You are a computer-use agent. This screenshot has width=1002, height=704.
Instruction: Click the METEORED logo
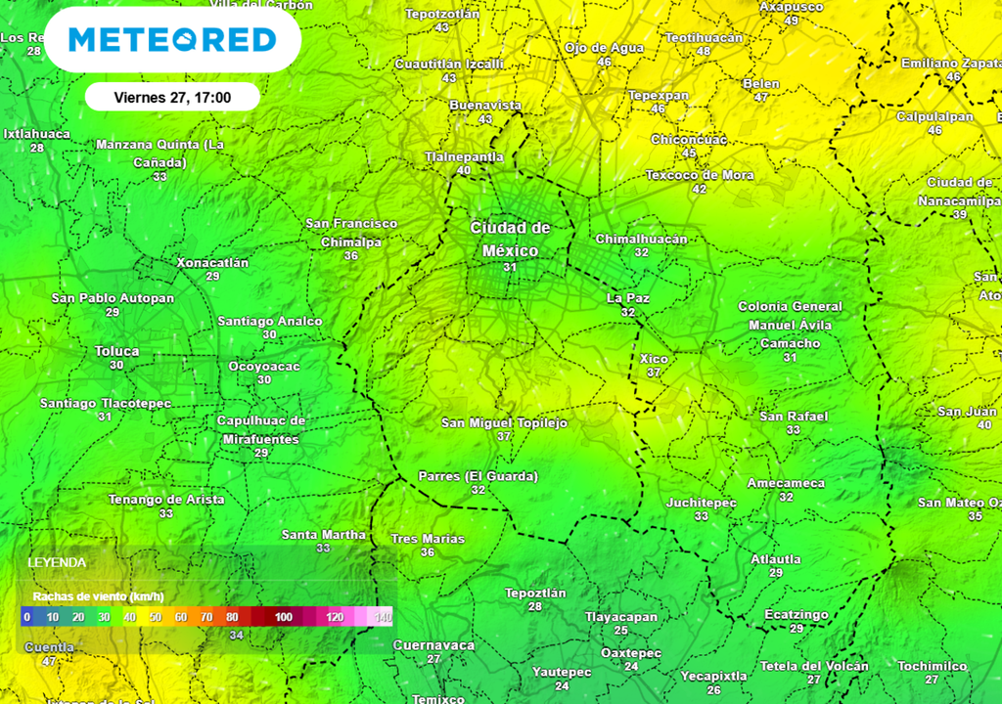point(172,40)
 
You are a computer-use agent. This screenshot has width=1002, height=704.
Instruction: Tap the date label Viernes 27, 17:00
point(172,97)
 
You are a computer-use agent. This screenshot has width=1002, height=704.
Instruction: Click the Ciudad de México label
point(510,239)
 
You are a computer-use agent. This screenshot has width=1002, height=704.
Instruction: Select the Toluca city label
point(117,351)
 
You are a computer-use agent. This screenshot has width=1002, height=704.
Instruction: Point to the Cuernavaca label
point(433,645)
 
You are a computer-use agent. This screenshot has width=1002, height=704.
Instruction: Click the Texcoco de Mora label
point(700,176)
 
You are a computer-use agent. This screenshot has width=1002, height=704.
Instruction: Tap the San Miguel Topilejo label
point(504,423)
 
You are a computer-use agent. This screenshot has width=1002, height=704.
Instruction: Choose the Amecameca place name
point(786,483)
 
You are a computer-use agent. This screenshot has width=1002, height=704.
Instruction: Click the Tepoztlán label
point(535,593)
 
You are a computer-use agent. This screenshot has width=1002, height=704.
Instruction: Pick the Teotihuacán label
point(704,37)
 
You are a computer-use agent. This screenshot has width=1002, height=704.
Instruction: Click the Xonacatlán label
point(212,263)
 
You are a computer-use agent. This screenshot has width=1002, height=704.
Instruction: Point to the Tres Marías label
point(428,539)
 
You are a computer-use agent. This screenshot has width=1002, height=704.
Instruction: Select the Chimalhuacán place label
point(641,239)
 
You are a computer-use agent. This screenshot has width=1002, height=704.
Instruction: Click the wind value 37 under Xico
point(654,373)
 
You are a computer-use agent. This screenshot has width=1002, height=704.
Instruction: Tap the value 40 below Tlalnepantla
point(464,170)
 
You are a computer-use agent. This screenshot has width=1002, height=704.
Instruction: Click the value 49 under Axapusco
point(792,21)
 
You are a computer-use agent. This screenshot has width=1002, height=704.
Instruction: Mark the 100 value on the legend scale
point(284,617)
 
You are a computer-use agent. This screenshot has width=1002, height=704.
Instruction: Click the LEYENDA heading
point(57,563)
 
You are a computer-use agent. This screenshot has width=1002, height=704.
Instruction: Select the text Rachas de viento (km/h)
point(98,596)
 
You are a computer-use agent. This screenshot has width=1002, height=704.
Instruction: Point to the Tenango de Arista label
point(166,500)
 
